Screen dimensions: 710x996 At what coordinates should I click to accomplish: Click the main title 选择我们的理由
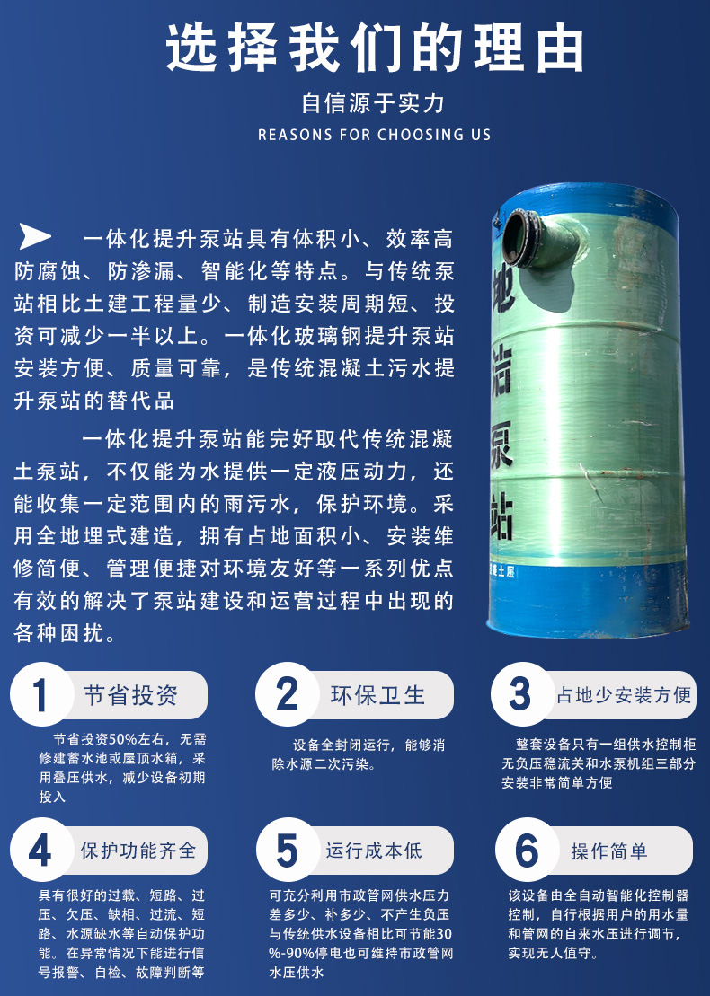click(375, 48)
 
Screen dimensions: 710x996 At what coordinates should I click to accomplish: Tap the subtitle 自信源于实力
click(374, 103)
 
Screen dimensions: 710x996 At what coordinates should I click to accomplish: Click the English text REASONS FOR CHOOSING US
click(375, 135)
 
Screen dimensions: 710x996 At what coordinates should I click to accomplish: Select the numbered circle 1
click(41, 694)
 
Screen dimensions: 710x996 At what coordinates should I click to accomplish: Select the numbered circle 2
click(288, 694)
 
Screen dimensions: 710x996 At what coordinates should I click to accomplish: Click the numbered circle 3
click(521, 694)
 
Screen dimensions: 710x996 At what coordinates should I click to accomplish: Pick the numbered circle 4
click(41, 850)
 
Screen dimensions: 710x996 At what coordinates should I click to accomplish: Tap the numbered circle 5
click(288, 850)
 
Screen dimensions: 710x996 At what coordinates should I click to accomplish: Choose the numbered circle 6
click(527, 850)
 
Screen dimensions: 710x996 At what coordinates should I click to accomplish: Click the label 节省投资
click(131, 695)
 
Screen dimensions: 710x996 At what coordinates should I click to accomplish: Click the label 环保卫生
click(377, 695)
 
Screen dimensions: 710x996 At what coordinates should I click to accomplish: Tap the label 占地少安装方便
click(624, 695)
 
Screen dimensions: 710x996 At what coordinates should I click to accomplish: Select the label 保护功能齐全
click(138, 850)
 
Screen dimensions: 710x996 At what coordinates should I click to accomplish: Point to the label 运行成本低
click(374, 850)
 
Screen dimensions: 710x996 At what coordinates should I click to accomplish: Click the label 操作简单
click(609, 851)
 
